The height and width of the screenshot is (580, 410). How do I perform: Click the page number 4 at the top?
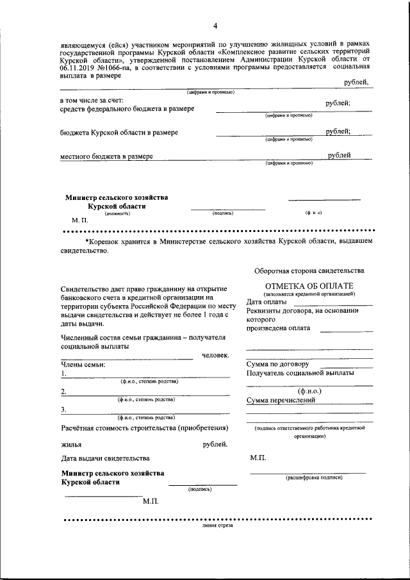coord(215,26)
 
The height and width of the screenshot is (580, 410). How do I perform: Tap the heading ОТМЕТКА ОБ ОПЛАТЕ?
coord(309,286)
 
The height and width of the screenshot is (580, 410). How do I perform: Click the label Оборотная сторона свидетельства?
coord(309,270)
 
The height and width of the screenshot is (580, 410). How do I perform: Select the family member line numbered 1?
coord(147,375)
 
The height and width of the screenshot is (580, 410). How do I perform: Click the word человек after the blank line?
coord(215,356)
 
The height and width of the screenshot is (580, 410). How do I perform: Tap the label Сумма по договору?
coord(278,364)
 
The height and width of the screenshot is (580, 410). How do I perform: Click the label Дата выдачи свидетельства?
coord(106,458)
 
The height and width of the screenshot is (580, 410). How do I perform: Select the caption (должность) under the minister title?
coord(115,213)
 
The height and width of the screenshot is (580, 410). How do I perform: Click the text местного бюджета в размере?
coord(106,156)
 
